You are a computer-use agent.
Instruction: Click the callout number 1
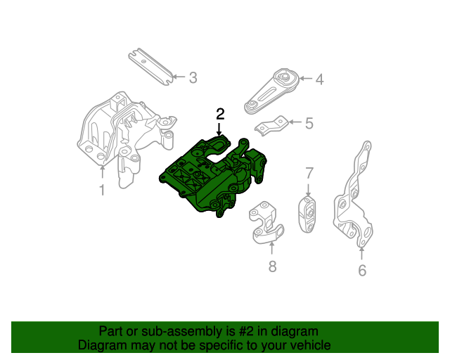tap(101, 190)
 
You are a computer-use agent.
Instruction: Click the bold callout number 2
tap(220, 113)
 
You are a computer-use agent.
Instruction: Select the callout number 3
tap(193, 77)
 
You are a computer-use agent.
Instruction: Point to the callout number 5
tap(309, 124)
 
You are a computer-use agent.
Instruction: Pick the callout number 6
tap(362, 270)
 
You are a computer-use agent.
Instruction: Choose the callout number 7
tap(309, 173)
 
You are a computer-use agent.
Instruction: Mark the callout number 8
tap(272, 266)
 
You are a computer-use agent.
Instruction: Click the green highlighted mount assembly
tap(214, 176)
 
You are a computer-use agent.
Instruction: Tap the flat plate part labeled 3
tap(149, 66)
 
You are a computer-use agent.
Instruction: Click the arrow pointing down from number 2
tap(220, 128)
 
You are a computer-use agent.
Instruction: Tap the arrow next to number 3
tap(178, 77)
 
